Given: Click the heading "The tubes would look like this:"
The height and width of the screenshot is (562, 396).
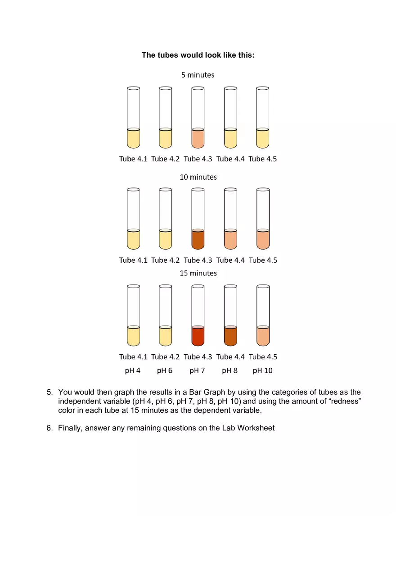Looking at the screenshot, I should point(198,55).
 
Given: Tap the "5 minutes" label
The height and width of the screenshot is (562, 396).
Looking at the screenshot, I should point(198,75).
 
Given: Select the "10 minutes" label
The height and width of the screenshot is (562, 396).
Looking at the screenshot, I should point(198,177).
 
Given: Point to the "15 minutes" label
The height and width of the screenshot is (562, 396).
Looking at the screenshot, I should point(198,273).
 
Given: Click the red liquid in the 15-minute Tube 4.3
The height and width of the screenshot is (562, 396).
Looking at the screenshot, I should point(198,336).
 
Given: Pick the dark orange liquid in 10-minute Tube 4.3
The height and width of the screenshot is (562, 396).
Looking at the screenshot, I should point(198,240).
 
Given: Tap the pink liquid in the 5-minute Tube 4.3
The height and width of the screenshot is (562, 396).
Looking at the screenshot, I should point(198,139).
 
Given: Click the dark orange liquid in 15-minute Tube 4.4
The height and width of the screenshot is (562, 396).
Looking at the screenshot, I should point(230,336).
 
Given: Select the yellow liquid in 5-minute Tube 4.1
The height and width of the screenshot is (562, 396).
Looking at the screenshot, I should point(133,139).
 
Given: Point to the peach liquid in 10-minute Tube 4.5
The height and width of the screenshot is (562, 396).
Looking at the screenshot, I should point(263,240).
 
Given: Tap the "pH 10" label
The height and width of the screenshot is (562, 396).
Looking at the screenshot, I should point(262,370).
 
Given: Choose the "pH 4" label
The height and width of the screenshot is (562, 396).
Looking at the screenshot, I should point(133,370).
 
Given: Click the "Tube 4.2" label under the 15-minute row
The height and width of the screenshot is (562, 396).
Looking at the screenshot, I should point(165,356).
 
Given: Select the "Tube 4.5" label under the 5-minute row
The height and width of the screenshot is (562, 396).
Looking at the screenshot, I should point(263,159).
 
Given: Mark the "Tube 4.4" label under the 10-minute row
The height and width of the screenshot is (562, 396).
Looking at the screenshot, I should point(230,260).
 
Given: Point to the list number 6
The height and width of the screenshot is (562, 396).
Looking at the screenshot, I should point(49,428).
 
